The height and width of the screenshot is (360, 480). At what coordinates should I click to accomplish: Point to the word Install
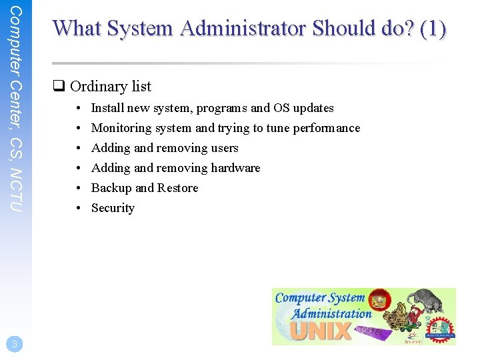tap(107, 108)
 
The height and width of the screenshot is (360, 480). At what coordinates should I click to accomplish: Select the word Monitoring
tap(121, 128)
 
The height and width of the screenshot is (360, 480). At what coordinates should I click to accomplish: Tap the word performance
tap(327, 128)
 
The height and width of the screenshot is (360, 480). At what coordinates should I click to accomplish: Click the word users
tap(225, 148)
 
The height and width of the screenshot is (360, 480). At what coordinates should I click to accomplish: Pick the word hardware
tap(235, 168)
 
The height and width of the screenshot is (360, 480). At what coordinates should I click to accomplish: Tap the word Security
tap(113, 208)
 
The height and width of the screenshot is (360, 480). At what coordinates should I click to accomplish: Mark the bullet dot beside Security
tap(78, 208)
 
